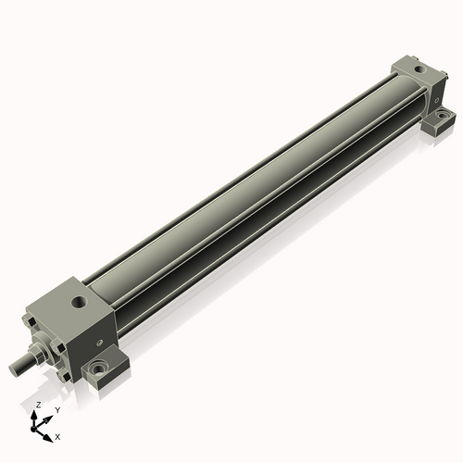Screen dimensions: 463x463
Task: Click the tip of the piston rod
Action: click(13, 369)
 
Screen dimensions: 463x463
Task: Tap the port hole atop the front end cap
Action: click(79, 302)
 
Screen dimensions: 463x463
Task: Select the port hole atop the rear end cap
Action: click(419, 69)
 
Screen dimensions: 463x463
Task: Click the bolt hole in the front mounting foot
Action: click(98, 369)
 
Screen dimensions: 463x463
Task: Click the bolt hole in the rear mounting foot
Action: click(443, 115)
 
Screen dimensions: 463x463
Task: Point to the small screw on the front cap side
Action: click(100, 343)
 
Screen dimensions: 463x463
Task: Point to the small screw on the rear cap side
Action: click(436, 100)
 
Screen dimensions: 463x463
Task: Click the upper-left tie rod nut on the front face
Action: click(29, 321)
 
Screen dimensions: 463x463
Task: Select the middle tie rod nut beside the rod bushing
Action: click(57, 346)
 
